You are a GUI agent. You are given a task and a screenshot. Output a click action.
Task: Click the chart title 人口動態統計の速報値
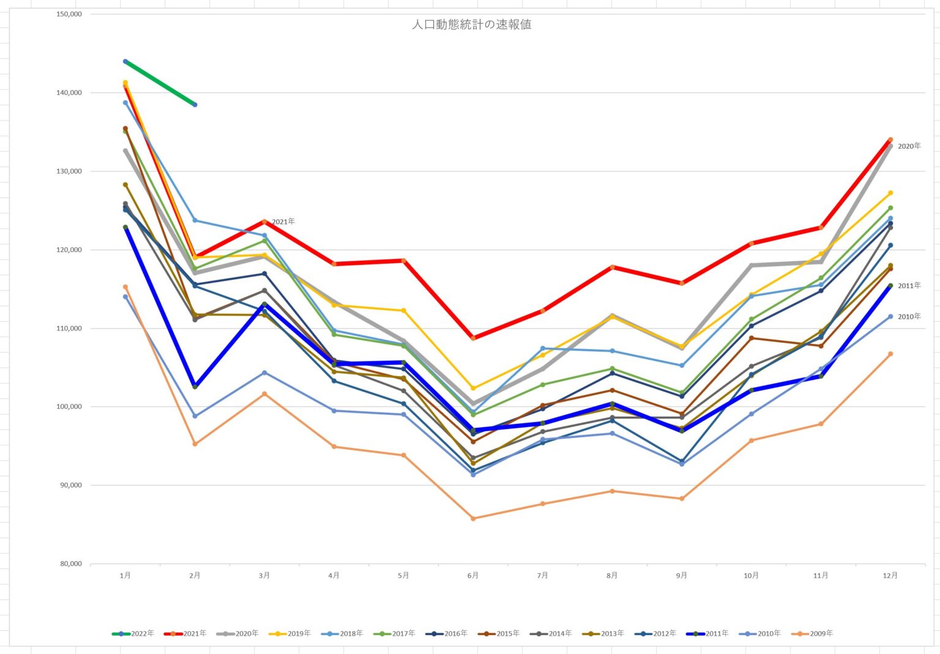pyautogui.click(x=471, y=24)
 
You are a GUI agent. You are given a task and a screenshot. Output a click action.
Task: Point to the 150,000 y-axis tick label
pyautogui.click(x=69, y=14)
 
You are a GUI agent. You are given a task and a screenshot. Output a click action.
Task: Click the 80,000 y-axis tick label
pyautogui.click(x=71, y=563)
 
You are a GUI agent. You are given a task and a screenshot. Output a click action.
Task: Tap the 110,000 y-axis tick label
pyautogui.click(x=69, y=329)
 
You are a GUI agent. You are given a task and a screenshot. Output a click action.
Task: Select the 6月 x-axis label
pyautogui.click(x=473, y=576)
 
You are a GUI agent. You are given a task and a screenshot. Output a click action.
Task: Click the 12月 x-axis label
pyautogui.click(x=890, y=576)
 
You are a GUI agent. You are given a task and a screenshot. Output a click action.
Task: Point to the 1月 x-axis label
pyautogui.click(x=125, y=576)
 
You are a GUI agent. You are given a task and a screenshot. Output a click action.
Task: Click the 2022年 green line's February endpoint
pyautogui.click(x=195, y=105)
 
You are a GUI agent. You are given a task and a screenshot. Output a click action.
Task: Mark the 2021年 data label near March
pyautogui.click(x=283, y=221)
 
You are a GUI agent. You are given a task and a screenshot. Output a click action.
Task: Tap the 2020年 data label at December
pyautogui.click(x=909, y=146)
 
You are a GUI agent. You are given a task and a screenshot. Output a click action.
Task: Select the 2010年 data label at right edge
pyautogui.click(x=909, y=316)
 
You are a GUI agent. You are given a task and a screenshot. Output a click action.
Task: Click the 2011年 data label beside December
pyautogui.click(x=909, y=286)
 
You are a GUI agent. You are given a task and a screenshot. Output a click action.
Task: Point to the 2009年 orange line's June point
pyautogui.click(x=473, y=518)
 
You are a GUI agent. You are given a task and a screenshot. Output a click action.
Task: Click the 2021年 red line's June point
pyautogui.click(x=473, y=338)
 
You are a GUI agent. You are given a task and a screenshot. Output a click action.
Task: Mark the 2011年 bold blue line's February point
pyautogui.click(x=195, y=386)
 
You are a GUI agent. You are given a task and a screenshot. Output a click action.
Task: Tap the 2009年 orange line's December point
pyautogui.click(x=890, y=354)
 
